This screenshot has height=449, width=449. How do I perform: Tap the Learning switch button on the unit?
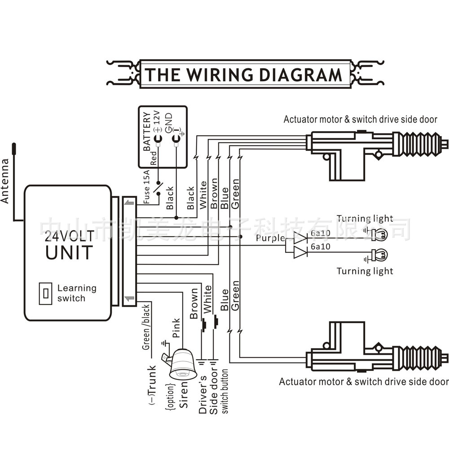[45, 293]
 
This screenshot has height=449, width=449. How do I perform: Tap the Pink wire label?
[176, 328]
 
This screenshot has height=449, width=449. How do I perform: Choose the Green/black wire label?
[146, 330]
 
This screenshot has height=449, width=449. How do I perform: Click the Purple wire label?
[270, 238]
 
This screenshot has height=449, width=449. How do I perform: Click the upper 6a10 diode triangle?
[300, 238]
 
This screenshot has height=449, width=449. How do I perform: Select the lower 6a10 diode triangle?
[300, 252]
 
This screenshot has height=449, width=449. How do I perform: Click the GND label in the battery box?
[168, 123]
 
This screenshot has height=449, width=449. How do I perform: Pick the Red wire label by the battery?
[154, 158]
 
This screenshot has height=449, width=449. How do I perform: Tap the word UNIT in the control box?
[69, 252]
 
